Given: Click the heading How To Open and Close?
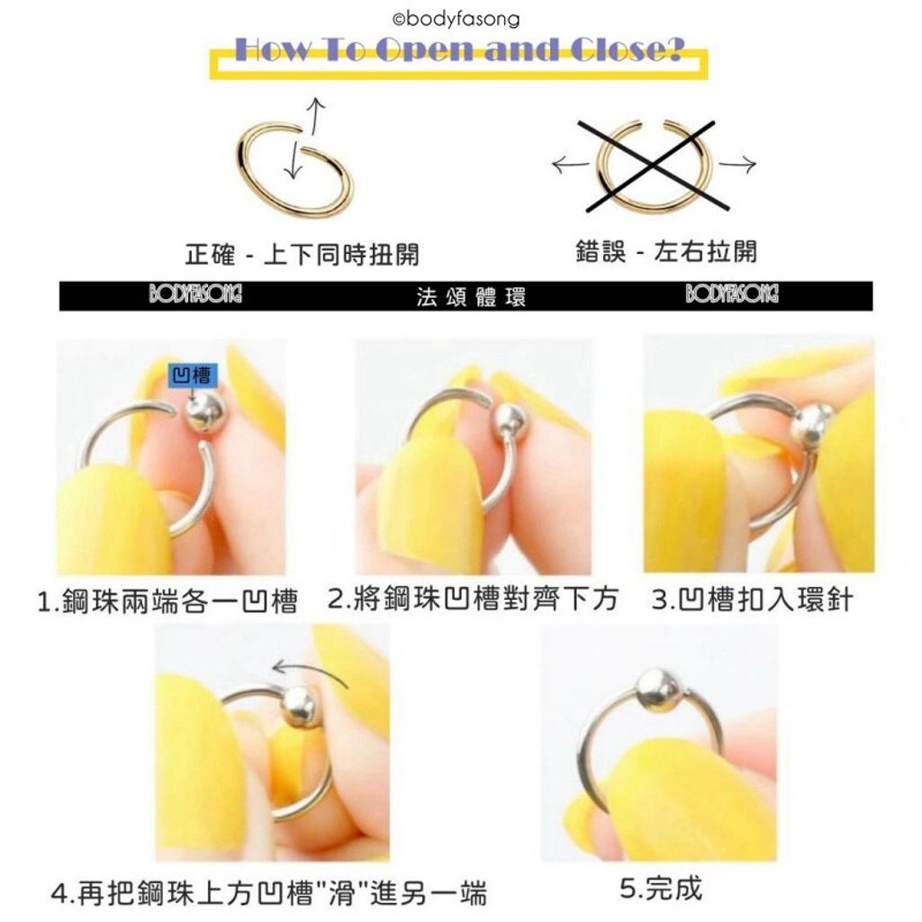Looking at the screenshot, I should tap(458, 50).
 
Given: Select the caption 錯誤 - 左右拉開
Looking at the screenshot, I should tap(666, 251).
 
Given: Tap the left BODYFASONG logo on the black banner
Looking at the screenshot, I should tap(195, 295).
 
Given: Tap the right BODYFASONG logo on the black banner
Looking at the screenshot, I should tap(732, 295).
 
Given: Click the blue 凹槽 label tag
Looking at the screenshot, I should tap(190, 376).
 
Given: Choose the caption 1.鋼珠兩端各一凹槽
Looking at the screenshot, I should tap(167, 601).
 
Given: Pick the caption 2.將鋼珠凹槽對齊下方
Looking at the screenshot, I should tap(474, 599).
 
